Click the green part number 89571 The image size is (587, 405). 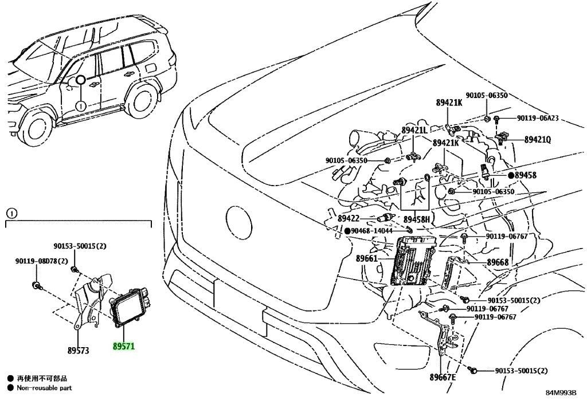pyautogui.click(x=124, y=347)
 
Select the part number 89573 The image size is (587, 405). pyautogui.click(x=78, y=351)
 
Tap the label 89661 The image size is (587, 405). pyautogui.click(x=366, y=258)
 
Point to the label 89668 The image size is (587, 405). pyautogui.click(x=498, y=262)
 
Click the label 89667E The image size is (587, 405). pyautogui.click(x=443, y=377)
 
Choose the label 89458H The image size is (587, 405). pyautogui.click(x=417, y=219)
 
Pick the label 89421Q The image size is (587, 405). pyautogui.click(x=538, y=140)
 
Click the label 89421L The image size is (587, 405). pyautogui.click(x=414, y=130)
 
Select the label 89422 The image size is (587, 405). pyautogui.click(x=348, y=218)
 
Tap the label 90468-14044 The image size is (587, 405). pyautogui.click(x=371, y=231)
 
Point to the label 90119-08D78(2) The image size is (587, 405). pyautogui.click(x=41, y=261)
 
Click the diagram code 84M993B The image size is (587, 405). pyautogui.click(x=561, y=393)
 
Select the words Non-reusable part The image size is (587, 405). pyautogui.click(x=44, y=388)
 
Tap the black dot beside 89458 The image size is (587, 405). pyautogui.click(x=511, y=175)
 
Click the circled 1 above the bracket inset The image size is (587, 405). pyautogui.click(x=11, y=214)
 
